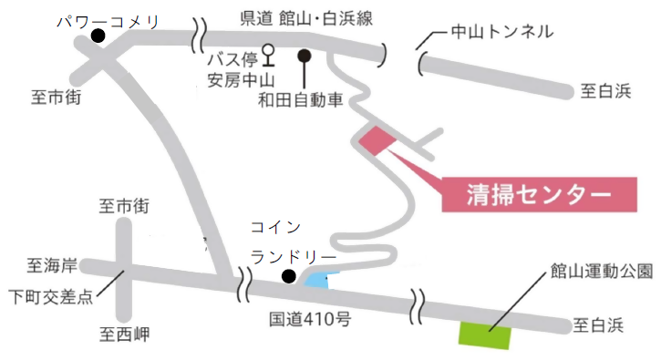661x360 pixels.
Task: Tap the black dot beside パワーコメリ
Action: (x=98, y=36)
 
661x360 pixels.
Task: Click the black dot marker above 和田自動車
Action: (x=305, y=56)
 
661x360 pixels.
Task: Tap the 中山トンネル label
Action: (x=501, y=33)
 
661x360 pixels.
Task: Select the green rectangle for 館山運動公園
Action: (x=483, y=334)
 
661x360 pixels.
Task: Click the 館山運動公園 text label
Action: (x=601, y=271)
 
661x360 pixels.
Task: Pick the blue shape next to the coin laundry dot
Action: (x=316, y=281)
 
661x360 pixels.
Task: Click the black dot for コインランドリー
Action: (x=288, y=276)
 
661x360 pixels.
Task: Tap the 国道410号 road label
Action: (x=310, y=321)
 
